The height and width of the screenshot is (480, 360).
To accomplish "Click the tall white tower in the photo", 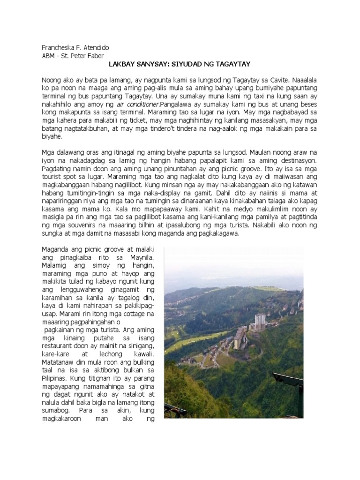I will pos(259,322).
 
